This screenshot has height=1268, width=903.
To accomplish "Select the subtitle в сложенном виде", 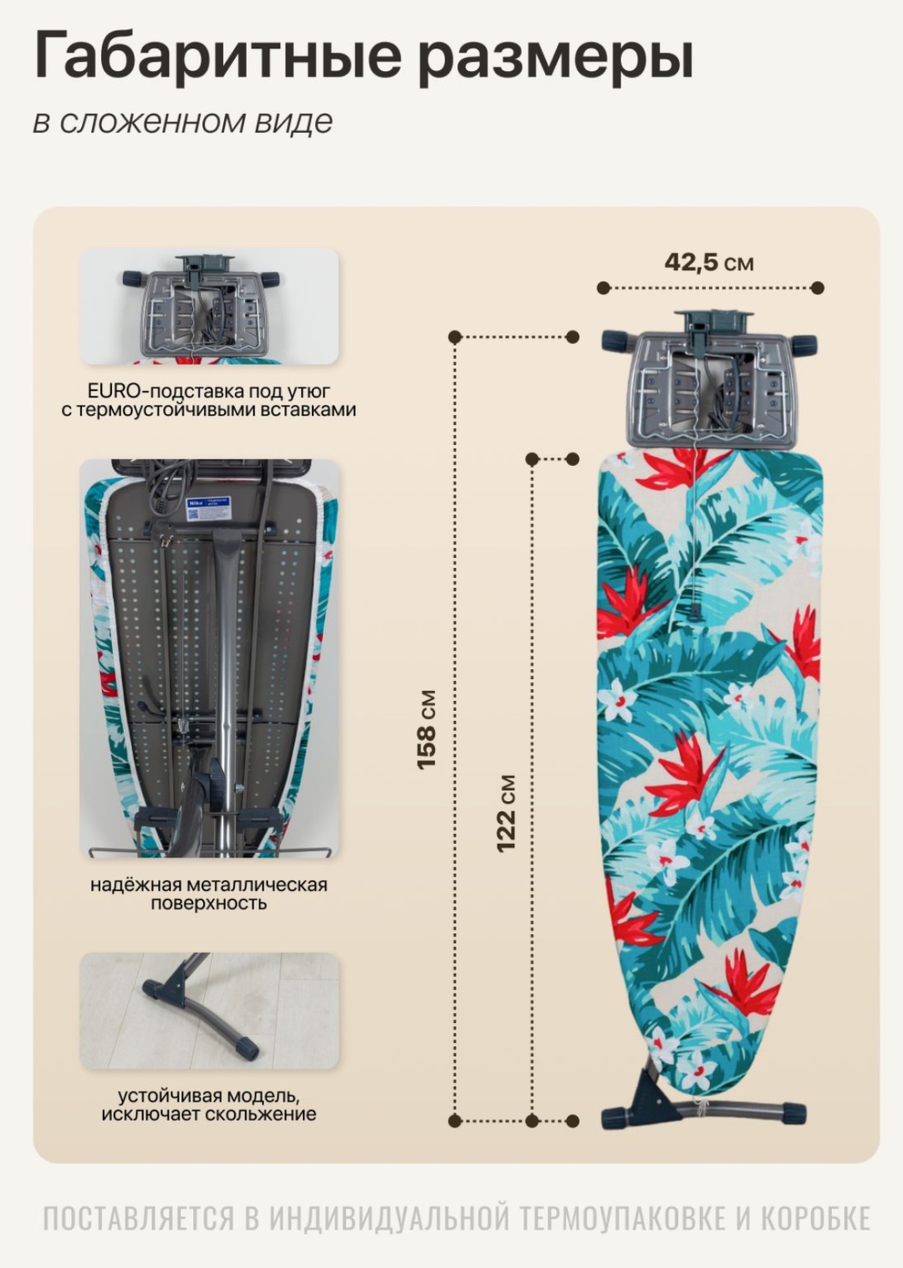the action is [183, 122].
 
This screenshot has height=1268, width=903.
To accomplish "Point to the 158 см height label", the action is [426, 729].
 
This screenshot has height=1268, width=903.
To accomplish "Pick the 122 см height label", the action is [506, 814].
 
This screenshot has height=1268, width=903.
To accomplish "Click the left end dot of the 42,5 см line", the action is [604, 288].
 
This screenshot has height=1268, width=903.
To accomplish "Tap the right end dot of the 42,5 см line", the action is [817, 288].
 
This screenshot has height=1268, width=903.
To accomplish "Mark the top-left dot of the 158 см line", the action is [455, 337].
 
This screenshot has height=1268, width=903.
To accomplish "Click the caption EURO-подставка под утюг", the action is [209, 391].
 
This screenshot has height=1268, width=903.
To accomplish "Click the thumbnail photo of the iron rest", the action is [209, 306].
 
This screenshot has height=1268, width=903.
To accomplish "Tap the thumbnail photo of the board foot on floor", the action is [209, 1011].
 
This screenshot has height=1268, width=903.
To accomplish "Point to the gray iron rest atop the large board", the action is [710, 380].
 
